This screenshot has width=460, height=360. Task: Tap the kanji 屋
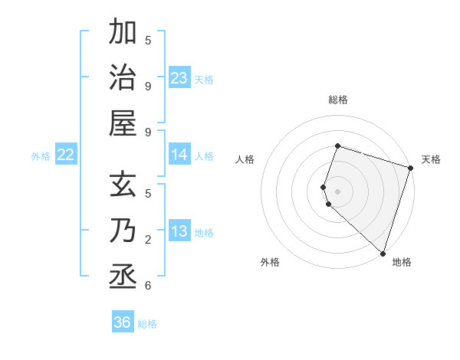coord(123,123)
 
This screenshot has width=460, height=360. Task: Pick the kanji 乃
coord(123,231)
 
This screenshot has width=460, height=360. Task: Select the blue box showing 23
coord(179,77)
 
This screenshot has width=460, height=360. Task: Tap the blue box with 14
coord(179,155)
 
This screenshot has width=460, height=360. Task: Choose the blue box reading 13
coord(179,231)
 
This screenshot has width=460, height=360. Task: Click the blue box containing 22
coord(66,155)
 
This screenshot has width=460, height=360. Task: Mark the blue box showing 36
coord(123,322)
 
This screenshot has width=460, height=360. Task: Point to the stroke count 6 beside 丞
coord(148,286)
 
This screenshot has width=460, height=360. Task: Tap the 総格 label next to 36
coord(147,324)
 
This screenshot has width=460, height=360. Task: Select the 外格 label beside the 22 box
coord(41,156)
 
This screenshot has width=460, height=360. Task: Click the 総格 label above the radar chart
coord(337,100)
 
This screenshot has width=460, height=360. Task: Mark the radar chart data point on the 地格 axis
coord(383,253)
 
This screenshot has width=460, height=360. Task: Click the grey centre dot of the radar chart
coord(337,191)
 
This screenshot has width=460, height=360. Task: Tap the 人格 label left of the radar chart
coord(245,159)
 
